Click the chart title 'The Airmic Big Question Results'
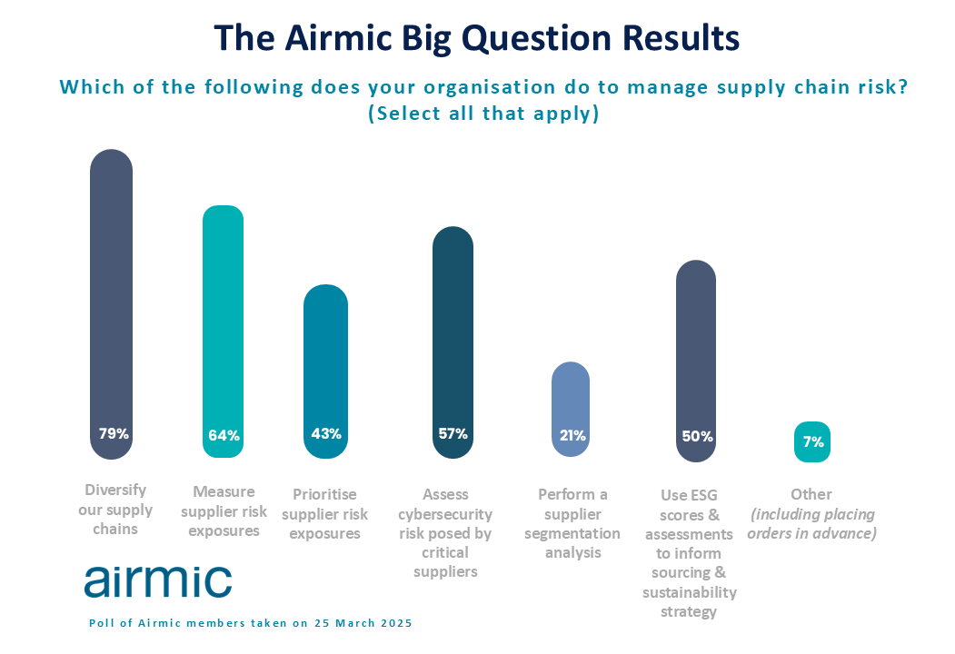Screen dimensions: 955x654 [x=476, y=38]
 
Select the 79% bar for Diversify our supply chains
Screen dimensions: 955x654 [x=111, y=304]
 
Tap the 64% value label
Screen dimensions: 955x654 [x=224, y=435]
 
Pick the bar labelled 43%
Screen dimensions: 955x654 [x=326, y=372]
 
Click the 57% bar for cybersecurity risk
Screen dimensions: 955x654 [x=453, y=342]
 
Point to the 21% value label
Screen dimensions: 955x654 [x=572, y=435]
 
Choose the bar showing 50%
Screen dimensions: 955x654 [x=696, y=362]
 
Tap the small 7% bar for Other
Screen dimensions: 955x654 [x=812, y=441]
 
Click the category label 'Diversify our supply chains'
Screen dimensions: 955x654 [x=115, y=509]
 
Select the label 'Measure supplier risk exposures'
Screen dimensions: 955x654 [x=224, y=510]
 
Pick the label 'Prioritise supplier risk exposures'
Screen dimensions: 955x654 [x=324, y=514]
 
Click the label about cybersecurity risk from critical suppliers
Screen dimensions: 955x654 [x=445, y=533]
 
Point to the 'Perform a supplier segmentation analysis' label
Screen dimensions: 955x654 [x=572, y=523]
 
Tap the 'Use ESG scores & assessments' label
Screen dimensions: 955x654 [x=690, y=553]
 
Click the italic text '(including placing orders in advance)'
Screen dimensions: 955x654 [x=812, y=524]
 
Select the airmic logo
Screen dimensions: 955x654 [x=158, y=581]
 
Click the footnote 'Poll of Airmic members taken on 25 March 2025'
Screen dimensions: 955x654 [x=251, y=623]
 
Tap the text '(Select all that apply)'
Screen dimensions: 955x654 [x=483, y=114]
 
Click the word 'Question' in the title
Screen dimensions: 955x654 [x=536, y=39]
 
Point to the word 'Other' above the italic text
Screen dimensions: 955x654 [x=811, y=494]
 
